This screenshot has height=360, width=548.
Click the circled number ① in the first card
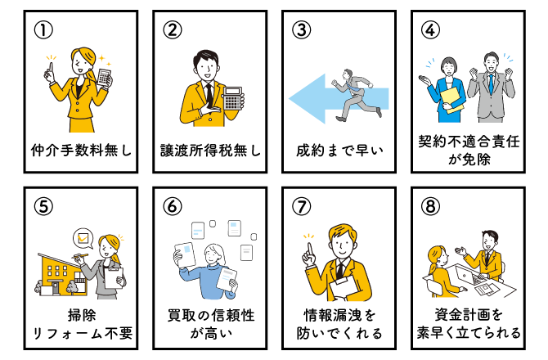pyautogui.click(x=43, y=30)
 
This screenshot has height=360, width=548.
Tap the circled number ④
pyautogui.click(x=430, y=30)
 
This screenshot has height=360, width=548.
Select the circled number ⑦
pyautogui.click(x=301, y=206)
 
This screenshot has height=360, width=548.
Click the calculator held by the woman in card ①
pyautogui.click(x=104, y=78)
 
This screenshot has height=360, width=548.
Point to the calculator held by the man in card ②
pyautogui.click(x=233, y=99)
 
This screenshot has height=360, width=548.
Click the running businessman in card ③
pyautogui.click(x=356, y=95)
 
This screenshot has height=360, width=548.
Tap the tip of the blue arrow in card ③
pyautogui.click(x=289, y=98)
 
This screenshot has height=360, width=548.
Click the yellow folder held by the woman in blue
pyautogui.click(x=451, y=100)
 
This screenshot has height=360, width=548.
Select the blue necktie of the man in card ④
pyautogui.click(x=491, y=83)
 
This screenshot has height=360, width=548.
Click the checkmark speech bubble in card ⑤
pyautogui.click(x=83, y=238)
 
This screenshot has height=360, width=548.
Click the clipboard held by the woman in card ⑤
pyautogui.click(x=114, y=278)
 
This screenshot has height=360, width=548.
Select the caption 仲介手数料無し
pyautogui.click(x=81, y=151)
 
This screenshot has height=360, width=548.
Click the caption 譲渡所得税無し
pyautogui.click(x=210, y=151)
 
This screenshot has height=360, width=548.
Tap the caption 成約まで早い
pyautogui.click(x=339, y=151)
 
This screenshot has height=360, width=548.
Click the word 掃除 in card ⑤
pyautogui.click(x=82, y=315)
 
